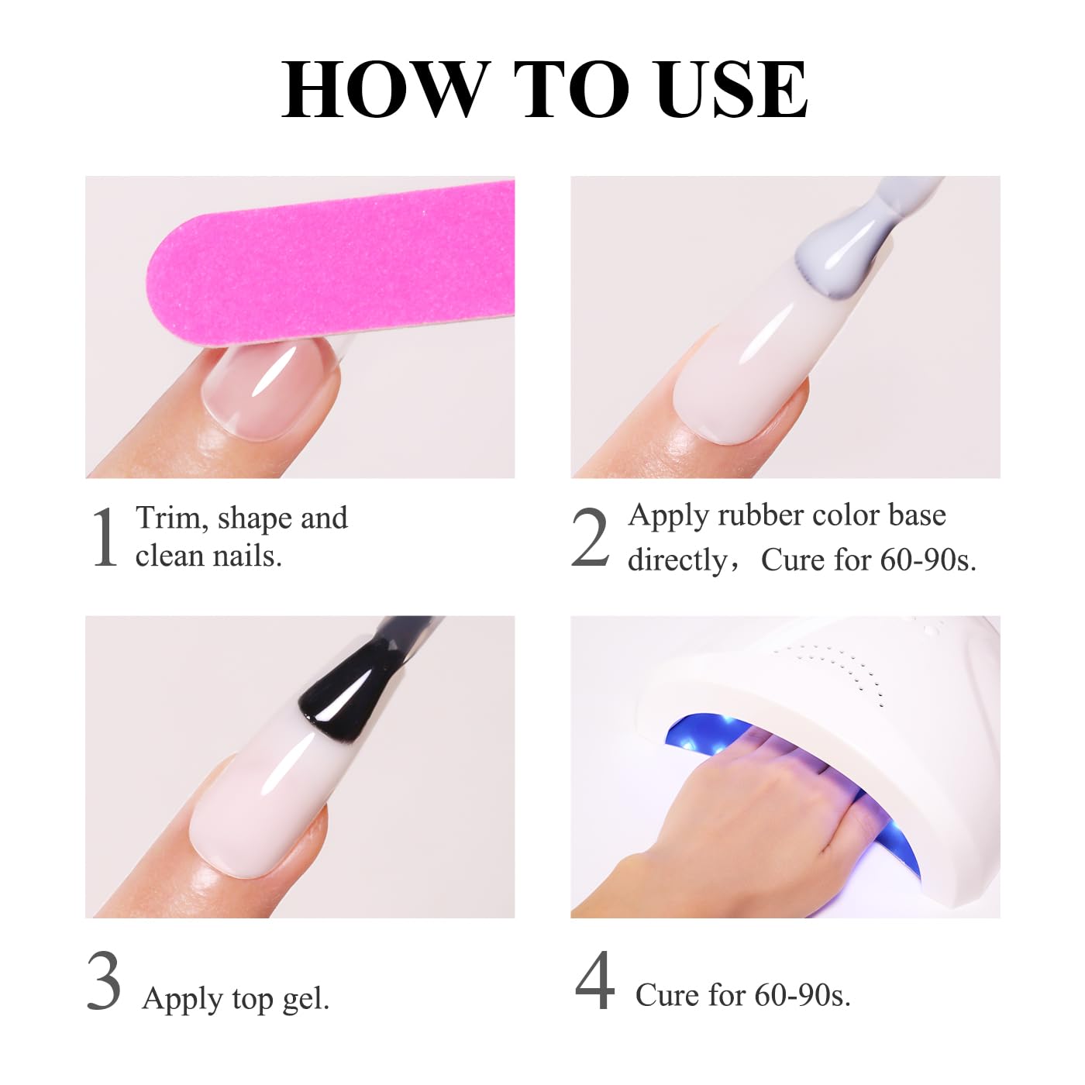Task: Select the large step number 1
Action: [x=104, y=538]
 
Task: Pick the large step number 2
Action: [x=590, y=538]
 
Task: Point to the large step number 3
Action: [x=104, y=982]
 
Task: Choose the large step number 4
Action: [x=594, y=982]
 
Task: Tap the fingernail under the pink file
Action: [x=267, y=387]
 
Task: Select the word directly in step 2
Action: [x=677, y=560]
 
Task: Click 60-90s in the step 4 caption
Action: [x=802, y=995]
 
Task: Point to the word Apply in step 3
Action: [x=182, y=999]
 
